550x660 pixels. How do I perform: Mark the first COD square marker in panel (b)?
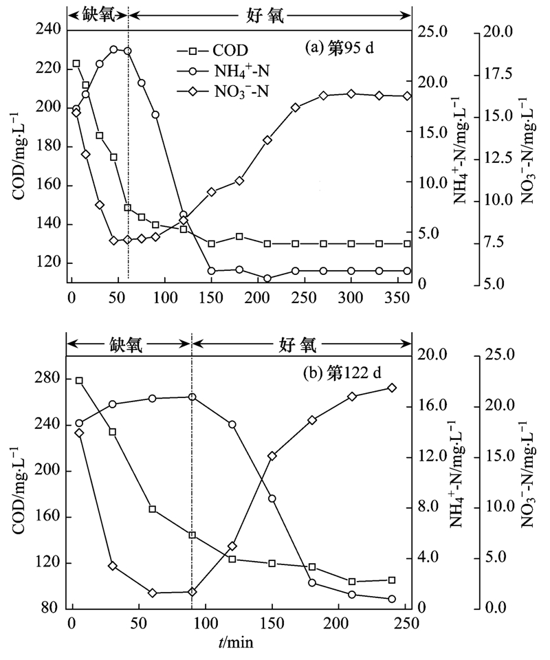pos(79,381)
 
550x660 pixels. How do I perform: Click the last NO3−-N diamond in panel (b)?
pos(392,388)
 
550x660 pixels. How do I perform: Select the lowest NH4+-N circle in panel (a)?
pos(267,278)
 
